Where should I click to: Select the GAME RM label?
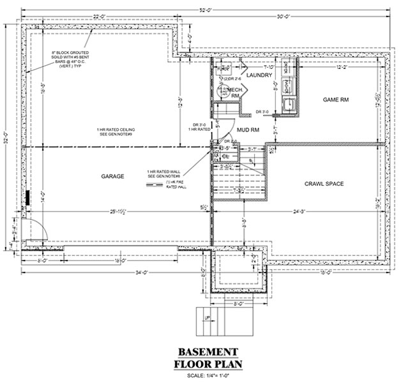(x=336, y=100)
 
